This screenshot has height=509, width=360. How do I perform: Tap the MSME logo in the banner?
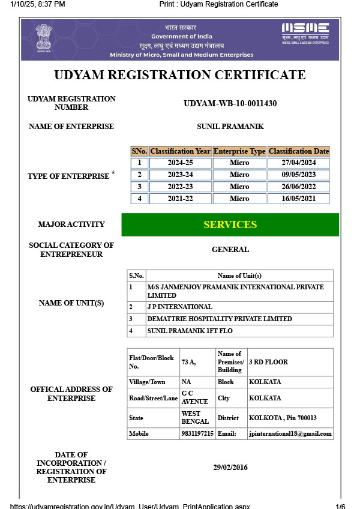click(305, 32)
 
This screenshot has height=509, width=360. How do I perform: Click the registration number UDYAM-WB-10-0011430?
click(230, 103)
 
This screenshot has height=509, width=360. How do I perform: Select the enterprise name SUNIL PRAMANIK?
click(230, 127)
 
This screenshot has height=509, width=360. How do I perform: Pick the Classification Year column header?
click(180, 151)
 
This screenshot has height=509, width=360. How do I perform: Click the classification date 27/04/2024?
click(299, 163)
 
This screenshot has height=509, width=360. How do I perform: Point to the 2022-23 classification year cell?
click(180, 187)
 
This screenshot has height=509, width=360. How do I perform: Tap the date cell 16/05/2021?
click(299, 199)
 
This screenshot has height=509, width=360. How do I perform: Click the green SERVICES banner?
click(230, 224)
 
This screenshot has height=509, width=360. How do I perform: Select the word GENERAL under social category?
click(230, 250)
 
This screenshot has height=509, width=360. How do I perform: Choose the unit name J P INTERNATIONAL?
click(180, 307)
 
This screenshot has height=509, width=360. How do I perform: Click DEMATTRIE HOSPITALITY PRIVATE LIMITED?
click(220, 319)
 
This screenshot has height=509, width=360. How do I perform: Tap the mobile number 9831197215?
click(197, 433)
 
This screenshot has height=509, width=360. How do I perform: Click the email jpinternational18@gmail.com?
click(290, 433)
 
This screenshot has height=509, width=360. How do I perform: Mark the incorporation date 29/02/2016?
click(230, 468)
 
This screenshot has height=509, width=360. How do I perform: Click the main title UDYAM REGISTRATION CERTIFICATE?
click(180, 75)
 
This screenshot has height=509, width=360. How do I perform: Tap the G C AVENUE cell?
click(195, 397)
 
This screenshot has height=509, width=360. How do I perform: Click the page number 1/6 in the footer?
click(340, 506)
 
